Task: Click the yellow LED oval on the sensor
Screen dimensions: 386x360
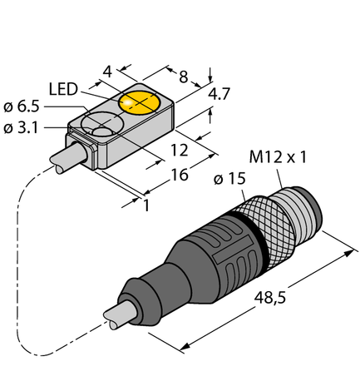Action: tap(141, 102)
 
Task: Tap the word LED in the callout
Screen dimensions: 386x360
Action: tap(65, 88)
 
